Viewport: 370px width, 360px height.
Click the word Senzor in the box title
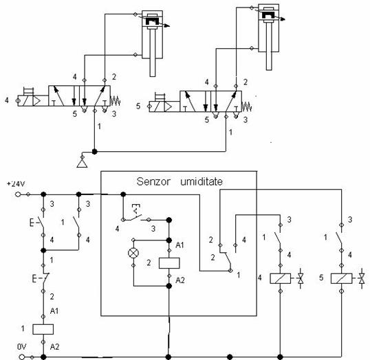tap(153, 181)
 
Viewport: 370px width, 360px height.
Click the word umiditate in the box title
tap(202, 181)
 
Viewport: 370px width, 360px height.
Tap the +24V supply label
tap(16, 184)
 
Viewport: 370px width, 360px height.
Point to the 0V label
tap(21, 346)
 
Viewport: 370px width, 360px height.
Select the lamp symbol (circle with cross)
tap(133, 253)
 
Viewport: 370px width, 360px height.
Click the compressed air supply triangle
tap(82, 163)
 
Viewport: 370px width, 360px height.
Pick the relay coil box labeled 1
tap(43, 329)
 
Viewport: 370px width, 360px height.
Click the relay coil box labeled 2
tap(169, 263)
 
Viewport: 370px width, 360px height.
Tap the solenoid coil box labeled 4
tap(281, 278)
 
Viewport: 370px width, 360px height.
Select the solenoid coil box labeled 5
tap(341, 278)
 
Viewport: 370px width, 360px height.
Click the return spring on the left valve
tap(116, 101)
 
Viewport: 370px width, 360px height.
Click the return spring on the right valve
tap(247, 106)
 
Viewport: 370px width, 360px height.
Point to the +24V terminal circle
tap(17, 194)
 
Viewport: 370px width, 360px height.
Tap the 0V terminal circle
tap(22, 357)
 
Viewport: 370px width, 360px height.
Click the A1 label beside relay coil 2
tap(179, 245)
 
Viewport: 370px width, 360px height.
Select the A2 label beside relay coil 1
tap(55, 346)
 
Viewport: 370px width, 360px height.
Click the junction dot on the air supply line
tap(94, 152)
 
